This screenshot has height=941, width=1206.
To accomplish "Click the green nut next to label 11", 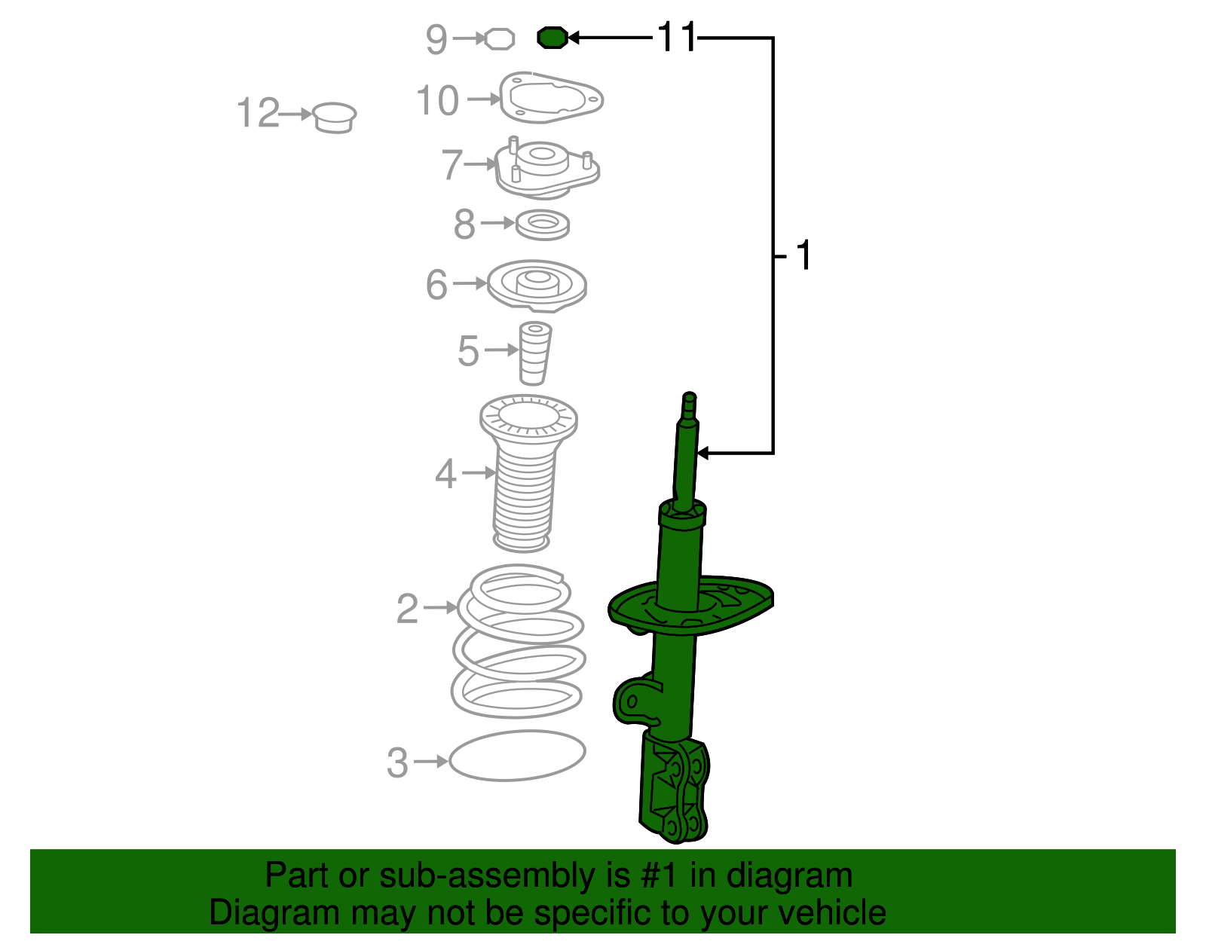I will tap(552, 38).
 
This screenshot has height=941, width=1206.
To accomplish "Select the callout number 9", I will tap(436, 39).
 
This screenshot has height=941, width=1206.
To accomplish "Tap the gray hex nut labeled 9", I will tap(499, 38).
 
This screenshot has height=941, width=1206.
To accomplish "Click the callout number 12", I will tap(257, 114).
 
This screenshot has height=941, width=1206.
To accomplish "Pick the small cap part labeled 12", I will tap(335, 118).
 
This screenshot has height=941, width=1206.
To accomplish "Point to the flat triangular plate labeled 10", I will tap(552, 98).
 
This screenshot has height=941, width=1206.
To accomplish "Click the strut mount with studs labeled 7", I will tap(546, 169).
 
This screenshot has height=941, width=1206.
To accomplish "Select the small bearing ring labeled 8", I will tap(542, 225).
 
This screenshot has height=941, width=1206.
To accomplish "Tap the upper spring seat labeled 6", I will tap(537, 286).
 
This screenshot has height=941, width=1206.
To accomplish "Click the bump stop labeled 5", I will tap(534, 353).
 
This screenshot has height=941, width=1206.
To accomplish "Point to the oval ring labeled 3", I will tap(517, 756).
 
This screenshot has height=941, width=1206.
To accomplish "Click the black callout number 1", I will tap(803, 256).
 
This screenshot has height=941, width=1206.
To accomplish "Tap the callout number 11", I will tap(676, 37).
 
